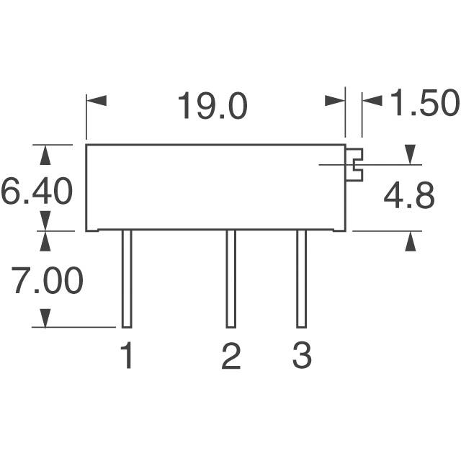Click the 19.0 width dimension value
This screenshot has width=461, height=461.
[x=212, y=106]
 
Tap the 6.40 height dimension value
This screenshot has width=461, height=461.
[x=37, y=191]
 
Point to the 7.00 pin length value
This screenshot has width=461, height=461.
[x=47, y=280]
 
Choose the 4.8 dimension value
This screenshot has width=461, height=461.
[x=409, y=195]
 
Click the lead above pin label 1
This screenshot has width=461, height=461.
[x=127, y=279]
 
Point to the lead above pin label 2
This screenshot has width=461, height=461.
[x=230, y=279]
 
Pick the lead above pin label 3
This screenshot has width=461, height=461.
[x=301, y=279]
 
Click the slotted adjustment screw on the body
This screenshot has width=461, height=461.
[x=354, y=165]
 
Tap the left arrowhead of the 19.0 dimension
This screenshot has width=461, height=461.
[x=97, y=101]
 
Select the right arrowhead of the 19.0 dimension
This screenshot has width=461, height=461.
[x=335, y=101]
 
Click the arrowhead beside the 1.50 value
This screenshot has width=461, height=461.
[x=372, y=101]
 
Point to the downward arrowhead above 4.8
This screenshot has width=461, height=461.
[x=410, y=155]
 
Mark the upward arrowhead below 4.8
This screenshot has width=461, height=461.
[x=411, y=241]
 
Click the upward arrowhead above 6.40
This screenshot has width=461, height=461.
[x=45, y=155]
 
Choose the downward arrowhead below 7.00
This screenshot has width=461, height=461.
[x=45, y=318]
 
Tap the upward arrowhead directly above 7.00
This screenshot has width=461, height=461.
[x=45, y=241]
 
